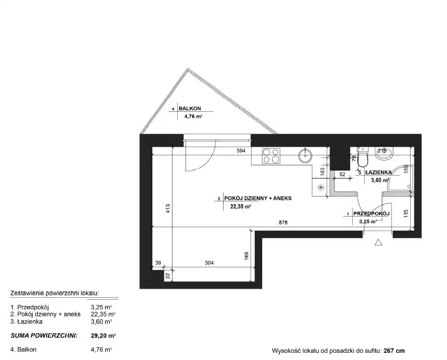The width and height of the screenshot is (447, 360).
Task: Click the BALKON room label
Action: tap(190, 108)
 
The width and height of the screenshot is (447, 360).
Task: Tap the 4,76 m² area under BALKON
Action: tap(193, 116)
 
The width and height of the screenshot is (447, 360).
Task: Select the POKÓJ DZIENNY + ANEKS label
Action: tap(258, 198)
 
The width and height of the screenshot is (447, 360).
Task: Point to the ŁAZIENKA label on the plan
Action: tap(378, 172)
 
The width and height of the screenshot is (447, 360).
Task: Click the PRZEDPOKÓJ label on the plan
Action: tap(371, 213)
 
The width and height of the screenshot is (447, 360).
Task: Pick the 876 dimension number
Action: tap(283, 222)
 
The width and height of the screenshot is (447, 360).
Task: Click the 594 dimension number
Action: tap(241, 151)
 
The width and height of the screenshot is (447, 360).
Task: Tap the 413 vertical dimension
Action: tap(168, 208)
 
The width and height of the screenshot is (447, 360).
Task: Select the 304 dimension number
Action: tap(209, 263)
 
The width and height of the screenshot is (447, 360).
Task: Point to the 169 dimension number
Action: tap(247, 255)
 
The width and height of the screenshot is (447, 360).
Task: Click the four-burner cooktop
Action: tap(271, 156)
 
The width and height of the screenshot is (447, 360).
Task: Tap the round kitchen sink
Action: tap(305, 156)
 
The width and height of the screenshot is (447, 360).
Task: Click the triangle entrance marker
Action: tap(378, 242)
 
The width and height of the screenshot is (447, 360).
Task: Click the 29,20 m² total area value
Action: tap(103, 336)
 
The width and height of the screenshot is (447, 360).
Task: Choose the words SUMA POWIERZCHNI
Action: tap(44, 336)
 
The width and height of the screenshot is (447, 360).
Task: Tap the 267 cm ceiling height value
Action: tap(394, 351)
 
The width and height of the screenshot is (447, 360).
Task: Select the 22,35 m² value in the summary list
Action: tap(103, 314)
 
